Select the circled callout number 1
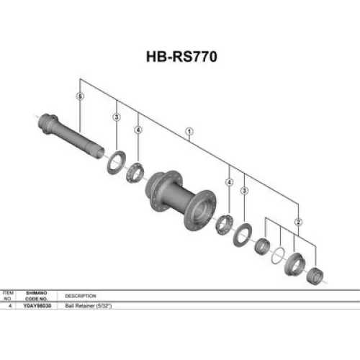[x=189, y=132]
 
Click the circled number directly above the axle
[x=79, y=96]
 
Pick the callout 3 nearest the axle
[x=116, y=117]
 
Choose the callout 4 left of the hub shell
[x=138, y=130]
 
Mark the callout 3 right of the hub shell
[x=245, y=191]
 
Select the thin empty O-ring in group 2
[x=278, y=253]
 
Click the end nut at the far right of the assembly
[x=315, y=274]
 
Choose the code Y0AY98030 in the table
[x=38, y=305]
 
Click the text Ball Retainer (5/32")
[x=88, y=305]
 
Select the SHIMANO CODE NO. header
[x=38, y=295]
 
